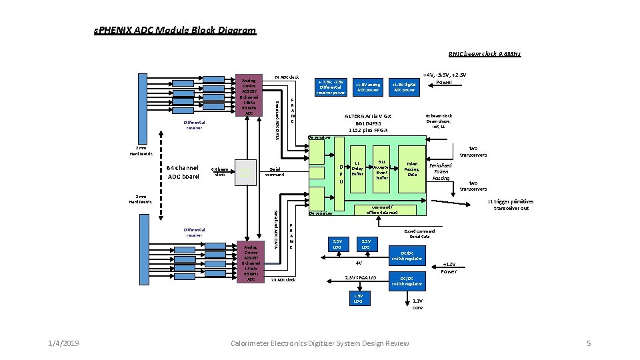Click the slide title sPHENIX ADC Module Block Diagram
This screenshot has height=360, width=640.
tap(175, 30)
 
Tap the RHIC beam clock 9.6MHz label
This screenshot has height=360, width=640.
tap(484, 54)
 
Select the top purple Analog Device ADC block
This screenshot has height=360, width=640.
tap(249, 95)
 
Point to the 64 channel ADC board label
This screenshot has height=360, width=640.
tap(183, 172)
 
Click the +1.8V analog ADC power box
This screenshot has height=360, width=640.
tap(368, 87)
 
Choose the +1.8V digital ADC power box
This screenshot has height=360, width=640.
tap(404, 87)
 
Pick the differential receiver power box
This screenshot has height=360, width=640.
tap(331, 87)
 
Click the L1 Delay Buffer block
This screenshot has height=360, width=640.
tap(357, 169)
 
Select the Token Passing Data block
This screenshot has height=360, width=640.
tap(411, 169)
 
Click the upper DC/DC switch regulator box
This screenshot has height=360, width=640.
tap(406, 255)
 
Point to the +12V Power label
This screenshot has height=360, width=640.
tap(449, 268)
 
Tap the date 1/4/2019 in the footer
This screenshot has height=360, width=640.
tap(63, 343)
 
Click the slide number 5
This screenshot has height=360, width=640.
tap(589, 343)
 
